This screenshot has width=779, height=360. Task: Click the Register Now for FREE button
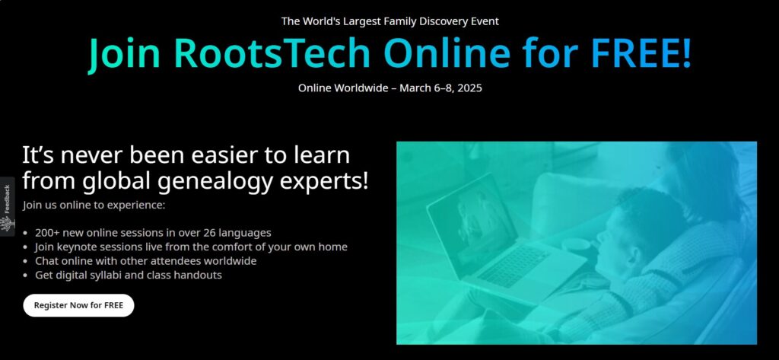[x=78, y=305]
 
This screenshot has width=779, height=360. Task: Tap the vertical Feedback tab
[x=7, y=206]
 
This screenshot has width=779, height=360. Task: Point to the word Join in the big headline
[x=124, y=54]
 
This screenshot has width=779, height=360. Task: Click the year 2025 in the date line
[x=469, y=88]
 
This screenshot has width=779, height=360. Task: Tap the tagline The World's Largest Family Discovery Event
[x=390, y=21]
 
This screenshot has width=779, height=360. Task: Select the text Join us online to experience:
[x=94, y=205]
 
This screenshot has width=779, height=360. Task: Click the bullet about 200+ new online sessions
[x=153, y=232]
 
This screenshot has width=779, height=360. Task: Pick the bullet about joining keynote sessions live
[x=191, y=247]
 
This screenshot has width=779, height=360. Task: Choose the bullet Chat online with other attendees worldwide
[x=145, y=260]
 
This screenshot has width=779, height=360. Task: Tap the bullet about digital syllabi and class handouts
[x=128, y=275]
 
